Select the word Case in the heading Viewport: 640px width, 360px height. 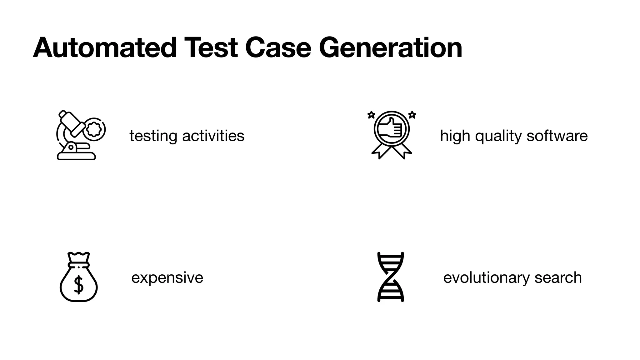tap(278, 48)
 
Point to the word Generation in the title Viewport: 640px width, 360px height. tap(390, 48)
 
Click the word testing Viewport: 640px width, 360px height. tap(153, 136)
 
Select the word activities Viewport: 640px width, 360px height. tap(213, 136)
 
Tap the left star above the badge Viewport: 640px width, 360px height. tap(371, 115)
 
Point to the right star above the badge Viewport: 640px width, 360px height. tap(412, 115)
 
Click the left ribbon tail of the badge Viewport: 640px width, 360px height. tap(380, 152)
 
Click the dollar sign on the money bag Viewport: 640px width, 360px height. tap(78, 285)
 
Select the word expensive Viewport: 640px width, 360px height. tap(167, 278)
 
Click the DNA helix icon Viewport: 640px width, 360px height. tap(391, 277)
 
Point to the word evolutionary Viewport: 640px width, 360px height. tap(486, 278)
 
